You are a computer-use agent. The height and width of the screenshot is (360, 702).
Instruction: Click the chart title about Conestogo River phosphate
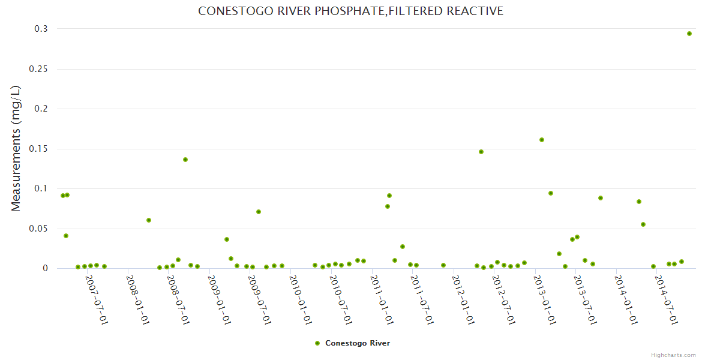350,11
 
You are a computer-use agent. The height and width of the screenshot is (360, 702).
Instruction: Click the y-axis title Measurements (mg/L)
16,148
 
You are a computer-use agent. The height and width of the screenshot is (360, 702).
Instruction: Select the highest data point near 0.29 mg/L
689,34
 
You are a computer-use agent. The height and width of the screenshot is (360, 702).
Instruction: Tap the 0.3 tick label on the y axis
41,29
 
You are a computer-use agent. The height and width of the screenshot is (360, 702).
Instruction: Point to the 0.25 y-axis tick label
38,69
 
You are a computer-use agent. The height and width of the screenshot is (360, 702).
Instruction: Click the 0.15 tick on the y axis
38,149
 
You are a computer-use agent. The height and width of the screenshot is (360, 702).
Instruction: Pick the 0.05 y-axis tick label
38,229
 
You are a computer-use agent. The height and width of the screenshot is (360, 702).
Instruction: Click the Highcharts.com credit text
673,355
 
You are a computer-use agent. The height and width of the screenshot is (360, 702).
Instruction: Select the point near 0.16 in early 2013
542,140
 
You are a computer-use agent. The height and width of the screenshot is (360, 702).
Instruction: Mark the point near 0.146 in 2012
481,152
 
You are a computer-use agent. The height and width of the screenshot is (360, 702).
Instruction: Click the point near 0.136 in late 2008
185,160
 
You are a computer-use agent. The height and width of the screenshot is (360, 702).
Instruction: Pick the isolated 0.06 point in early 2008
149,220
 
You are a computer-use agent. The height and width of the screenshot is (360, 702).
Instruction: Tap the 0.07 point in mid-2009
259,212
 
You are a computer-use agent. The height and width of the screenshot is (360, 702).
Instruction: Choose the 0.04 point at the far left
66,236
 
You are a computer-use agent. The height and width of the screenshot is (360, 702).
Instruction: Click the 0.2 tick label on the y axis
41,109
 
